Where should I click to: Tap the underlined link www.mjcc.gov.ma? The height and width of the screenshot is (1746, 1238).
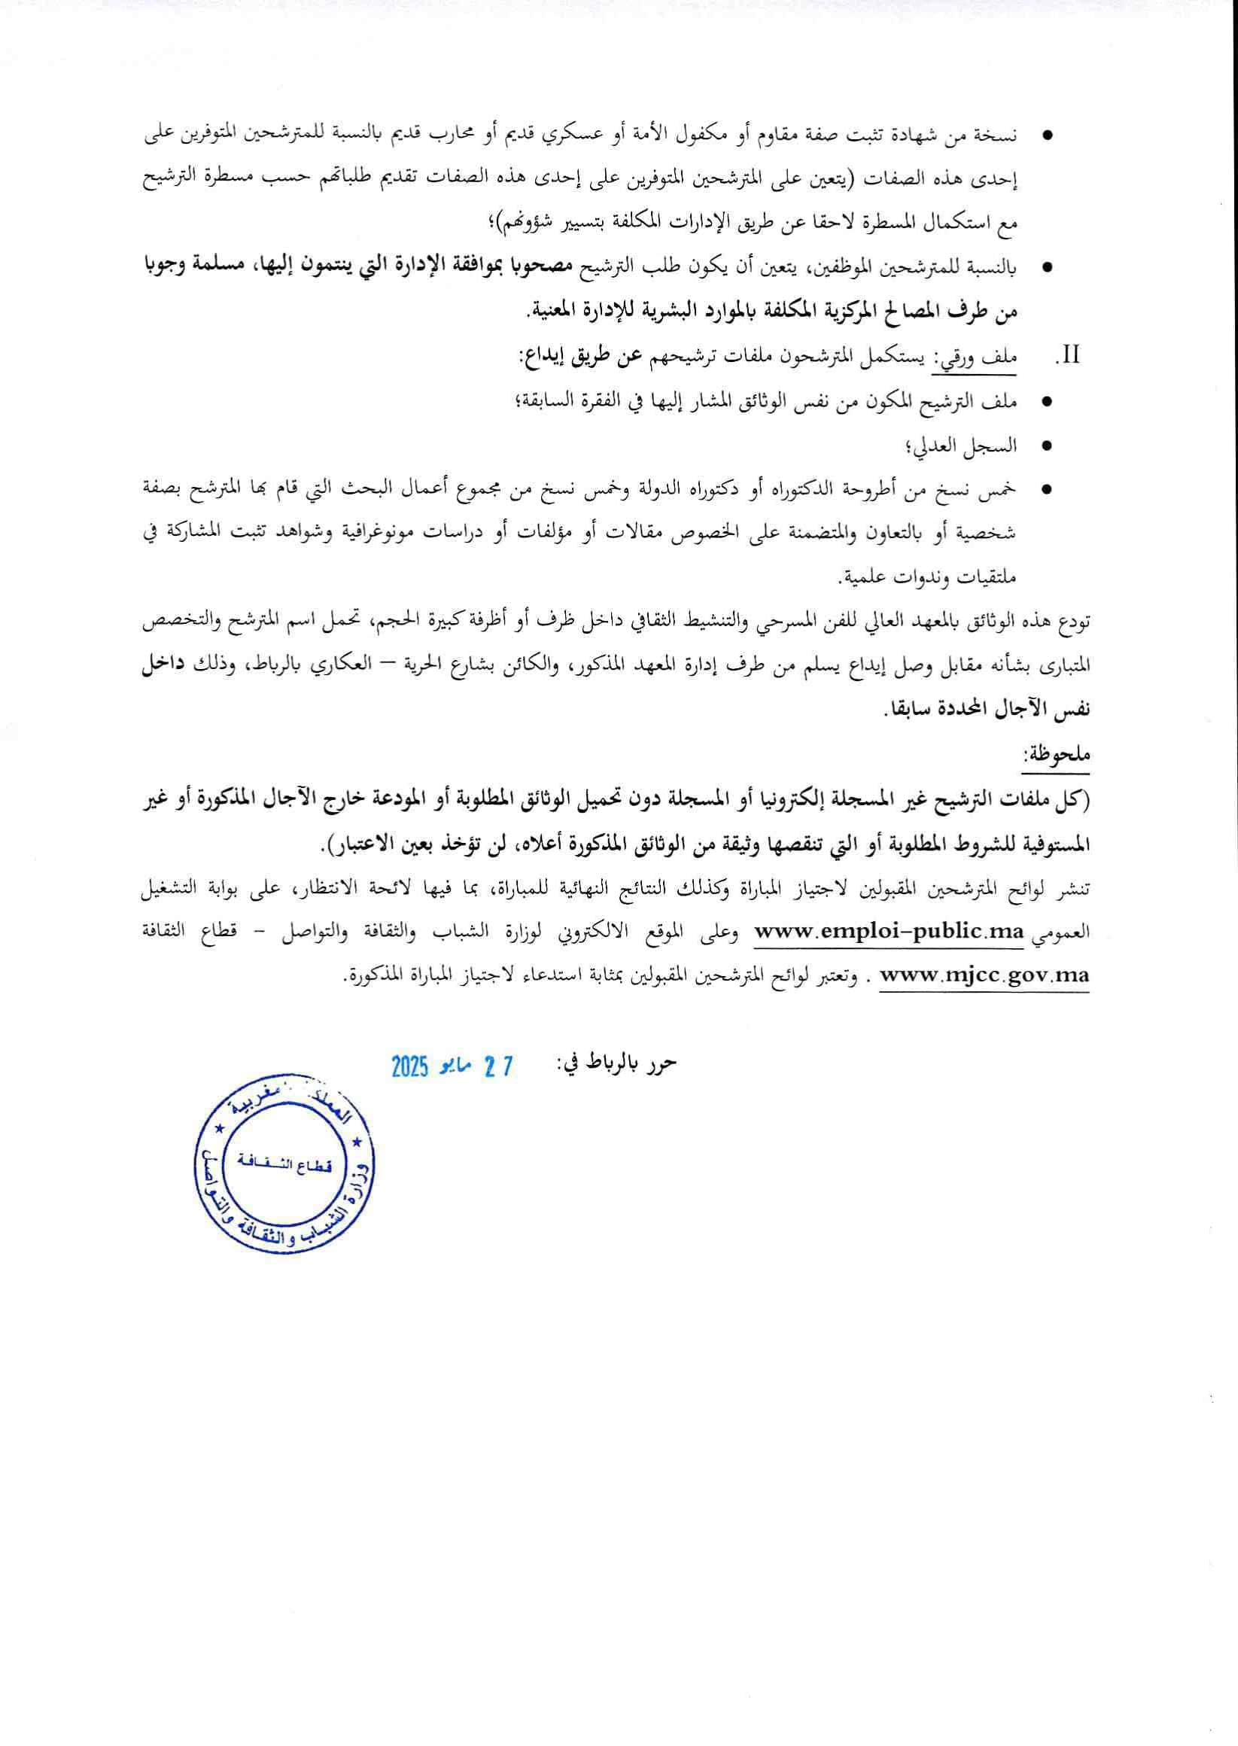984,975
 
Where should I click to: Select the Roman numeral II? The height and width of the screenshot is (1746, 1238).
1070,356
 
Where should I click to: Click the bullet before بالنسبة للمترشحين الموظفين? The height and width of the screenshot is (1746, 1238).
1047,268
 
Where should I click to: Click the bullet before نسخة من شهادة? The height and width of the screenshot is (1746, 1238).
1047,137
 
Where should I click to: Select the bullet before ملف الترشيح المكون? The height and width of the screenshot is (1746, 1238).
1047,402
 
